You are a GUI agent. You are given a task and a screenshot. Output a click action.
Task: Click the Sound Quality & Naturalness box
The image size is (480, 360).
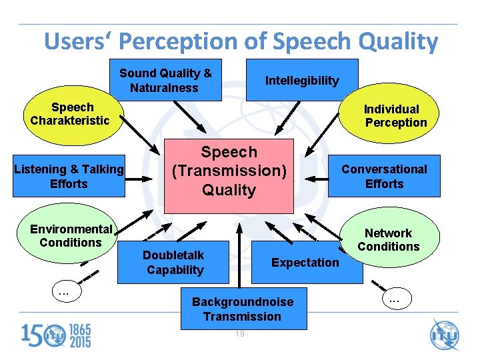(x=165, y=81)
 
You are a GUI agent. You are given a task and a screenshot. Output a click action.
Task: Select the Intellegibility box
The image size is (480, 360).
(x=302, y=80)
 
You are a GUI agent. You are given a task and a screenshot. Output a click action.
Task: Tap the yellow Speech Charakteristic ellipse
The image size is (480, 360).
(x=70, y=114)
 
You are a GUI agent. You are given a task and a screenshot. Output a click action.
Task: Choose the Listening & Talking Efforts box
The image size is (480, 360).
(x=69, y=177)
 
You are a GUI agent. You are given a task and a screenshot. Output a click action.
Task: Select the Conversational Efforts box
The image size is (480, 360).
(x=385, y=177)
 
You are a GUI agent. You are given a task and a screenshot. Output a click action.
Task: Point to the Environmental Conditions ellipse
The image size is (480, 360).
(x=70, y=236)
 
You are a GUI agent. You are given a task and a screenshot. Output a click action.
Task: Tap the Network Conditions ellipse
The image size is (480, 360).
(x=389, y=239)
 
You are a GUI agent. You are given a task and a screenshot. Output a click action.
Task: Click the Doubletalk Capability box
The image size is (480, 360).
(x=173, y=262)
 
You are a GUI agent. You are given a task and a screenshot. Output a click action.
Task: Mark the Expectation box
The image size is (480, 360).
(x=305, y=262)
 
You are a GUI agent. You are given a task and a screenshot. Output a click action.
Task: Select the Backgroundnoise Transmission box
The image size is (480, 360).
(x=243, y=309)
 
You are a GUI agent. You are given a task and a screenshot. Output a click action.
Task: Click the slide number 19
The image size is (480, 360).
(x=239, y=334)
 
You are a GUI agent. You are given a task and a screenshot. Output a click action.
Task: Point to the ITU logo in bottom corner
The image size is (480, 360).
(x=445, y=334)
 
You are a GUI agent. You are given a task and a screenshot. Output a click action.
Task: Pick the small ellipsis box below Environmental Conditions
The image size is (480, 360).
(x=65, y=291)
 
